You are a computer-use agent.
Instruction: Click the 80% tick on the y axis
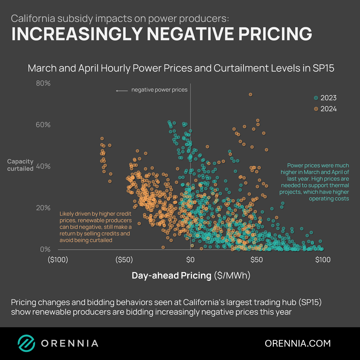(43, 83)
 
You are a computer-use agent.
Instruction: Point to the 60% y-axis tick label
(43, 125)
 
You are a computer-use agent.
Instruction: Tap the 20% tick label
(43, 208)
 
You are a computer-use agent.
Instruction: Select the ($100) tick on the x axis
(58, 260)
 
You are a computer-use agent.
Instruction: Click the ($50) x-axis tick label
(124, 260)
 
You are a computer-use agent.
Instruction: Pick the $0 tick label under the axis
(190, 260)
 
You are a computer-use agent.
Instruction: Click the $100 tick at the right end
(322, 260)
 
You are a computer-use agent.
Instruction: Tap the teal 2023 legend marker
(316, 98)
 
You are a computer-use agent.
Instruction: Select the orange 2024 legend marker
(316, 109)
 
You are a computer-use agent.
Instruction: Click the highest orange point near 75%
(251, 95)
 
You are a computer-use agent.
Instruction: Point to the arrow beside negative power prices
(122, 90)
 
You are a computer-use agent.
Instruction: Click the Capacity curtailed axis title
(21, 165)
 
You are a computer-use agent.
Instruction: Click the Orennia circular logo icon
(26, 343)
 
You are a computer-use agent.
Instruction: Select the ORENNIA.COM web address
(298, 343)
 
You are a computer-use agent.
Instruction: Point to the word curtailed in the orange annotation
(99, 240)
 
